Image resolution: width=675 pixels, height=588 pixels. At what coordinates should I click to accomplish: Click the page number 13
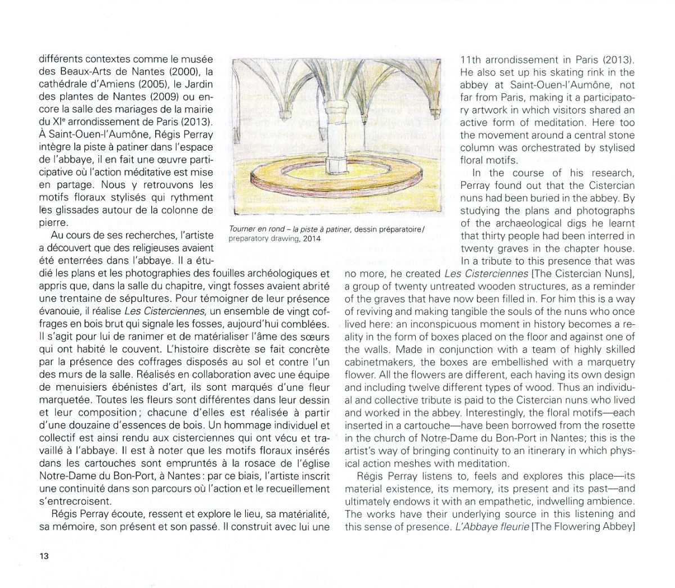point(43,557)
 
